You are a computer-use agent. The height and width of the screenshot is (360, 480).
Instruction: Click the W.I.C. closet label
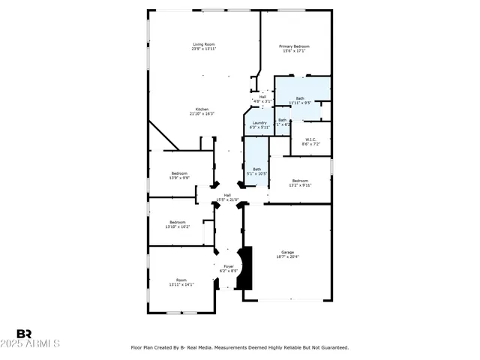pyautogui.click(x=310, y=140)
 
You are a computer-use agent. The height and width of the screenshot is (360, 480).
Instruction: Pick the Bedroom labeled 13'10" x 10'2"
pyautogui.click(x=178, y=223)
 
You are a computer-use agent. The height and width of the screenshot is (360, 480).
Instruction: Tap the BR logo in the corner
pyautogui.click(x=25, y=334)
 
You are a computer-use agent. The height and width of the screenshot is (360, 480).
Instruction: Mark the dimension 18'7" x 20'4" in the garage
pyautogui.click(x=287, y=257)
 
